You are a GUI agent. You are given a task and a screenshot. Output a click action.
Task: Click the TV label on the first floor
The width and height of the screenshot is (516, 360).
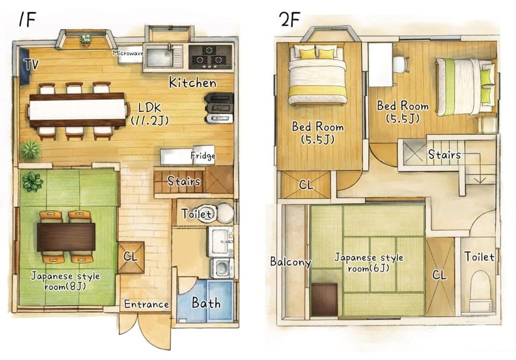31,64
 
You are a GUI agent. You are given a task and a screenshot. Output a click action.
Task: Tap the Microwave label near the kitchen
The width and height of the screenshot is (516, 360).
128,53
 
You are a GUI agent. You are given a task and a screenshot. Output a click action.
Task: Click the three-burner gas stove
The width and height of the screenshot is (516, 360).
210,57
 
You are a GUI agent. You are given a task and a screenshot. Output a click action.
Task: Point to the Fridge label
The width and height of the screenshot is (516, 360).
203,155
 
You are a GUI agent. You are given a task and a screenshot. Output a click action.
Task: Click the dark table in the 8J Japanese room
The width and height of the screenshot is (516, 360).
66,237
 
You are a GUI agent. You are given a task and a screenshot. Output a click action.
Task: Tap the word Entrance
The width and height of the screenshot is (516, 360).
146,304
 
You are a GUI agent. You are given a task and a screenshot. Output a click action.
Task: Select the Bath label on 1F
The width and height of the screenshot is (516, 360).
206,303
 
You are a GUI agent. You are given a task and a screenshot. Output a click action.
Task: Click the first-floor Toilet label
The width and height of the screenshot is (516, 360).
197,214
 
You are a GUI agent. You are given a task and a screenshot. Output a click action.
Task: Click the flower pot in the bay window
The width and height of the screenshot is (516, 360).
85,40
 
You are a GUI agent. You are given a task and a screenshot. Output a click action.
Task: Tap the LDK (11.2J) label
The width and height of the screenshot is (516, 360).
150,113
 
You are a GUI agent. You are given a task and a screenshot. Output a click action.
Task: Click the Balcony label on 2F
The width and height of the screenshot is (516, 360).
290,262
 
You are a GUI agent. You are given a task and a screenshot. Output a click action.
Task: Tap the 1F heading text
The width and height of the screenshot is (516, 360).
27,20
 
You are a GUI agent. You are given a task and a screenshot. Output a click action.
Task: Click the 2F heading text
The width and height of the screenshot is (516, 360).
289,19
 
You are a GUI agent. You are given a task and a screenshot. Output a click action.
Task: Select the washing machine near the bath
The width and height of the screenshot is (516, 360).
222,268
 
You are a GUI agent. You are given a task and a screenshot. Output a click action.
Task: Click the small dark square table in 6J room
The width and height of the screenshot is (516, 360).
325,299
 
